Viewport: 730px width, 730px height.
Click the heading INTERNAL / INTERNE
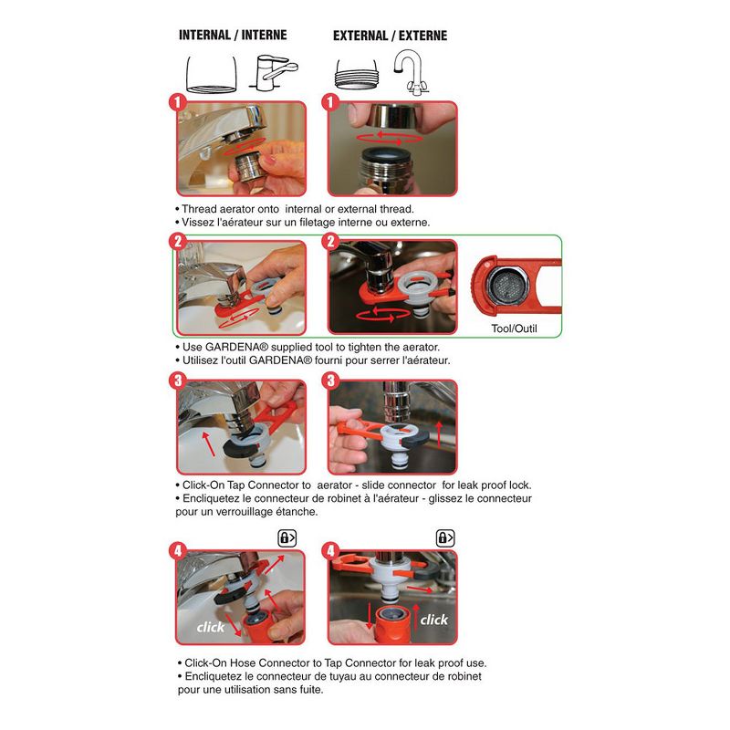coord(233,35)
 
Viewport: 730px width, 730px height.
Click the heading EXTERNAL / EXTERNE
coord(391,36)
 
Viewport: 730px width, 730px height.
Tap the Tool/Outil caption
coord(514,328)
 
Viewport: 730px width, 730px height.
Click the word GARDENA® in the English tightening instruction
coord(236,347)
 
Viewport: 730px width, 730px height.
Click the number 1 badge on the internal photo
coord(177,102)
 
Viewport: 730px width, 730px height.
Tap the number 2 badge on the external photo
coord(330,241)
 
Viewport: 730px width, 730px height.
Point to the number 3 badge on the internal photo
coord(177,381)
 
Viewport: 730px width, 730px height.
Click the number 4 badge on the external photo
coord(330,551)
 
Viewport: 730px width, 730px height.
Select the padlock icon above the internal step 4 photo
coord(287,537)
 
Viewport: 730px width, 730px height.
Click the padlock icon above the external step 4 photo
coord(445,537)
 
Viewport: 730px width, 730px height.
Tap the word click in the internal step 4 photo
coord(211,627)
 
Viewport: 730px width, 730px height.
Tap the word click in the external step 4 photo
coord(434,620)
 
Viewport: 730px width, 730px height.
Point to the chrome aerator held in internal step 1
coord(246,167)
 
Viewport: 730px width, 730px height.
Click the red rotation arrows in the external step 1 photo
coord(390,138)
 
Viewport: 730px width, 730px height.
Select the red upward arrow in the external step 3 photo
coord(438,434)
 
